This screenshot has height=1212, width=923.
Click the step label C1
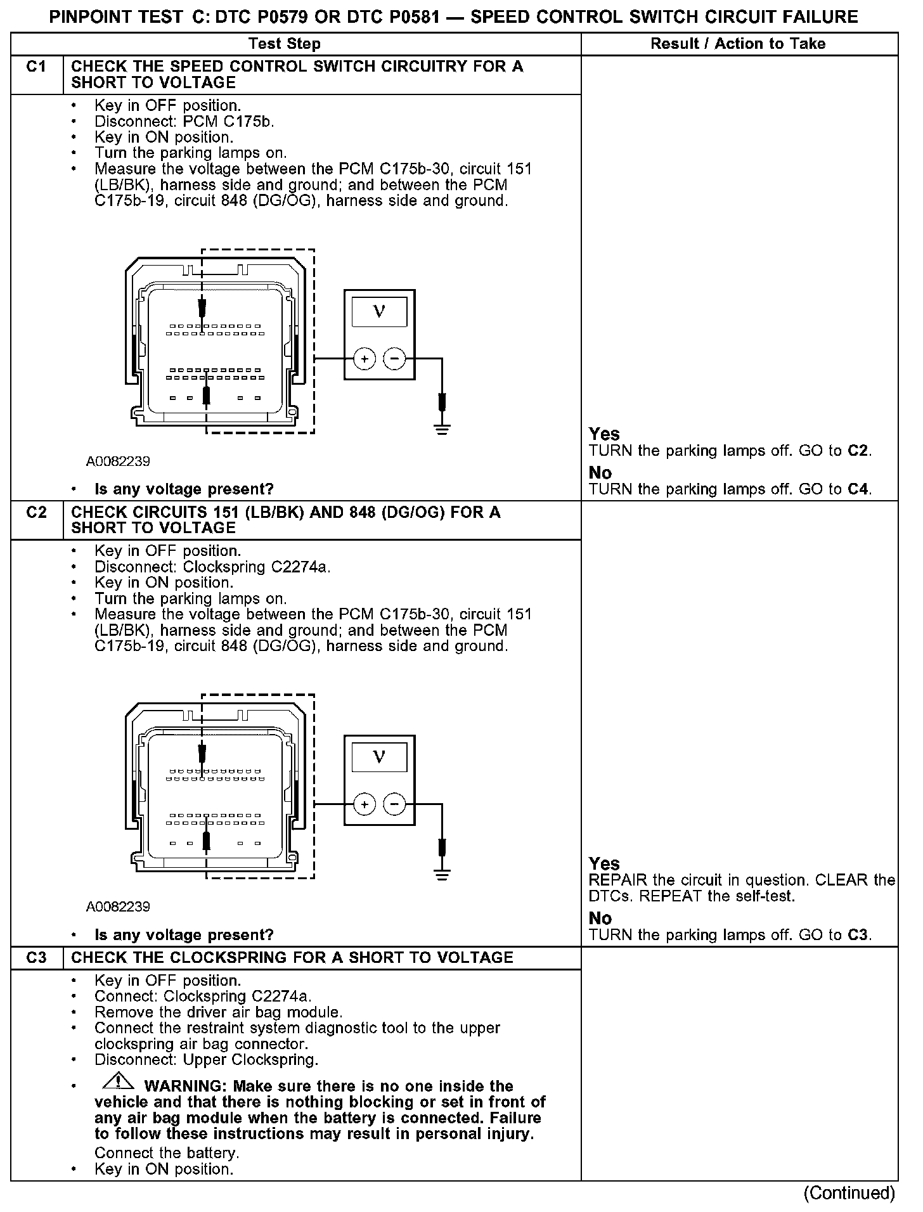tap(36, 67)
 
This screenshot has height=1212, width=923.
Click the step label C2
tap(36, 512)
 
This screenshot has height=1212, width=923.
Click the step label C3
tap(36, 957)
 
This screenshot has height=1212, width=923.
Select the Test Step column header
tap(285, 44)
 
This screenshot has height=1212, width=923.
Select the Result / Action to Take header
tap(738, 44)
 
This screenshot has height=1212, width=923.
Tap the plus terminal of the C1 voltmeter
tap(365, 359)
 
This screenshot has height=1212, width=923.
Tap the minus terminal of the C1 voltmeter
tap(394, 359)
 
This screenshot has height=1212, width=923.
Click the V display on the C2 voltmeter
tap(379, 756)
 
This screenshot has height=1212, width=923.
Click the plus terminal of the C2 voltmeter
tap(365, 804)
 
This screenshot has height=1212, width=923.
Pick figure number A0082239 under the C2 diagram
tap(118, 907)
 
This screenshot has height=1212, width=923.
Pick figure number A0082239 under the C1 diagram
tap(118, 461)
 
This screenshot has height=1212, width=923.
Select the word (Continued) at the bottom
tap(849, 1193)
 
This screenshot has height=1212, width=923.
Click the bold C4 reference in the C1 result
tap(859, 489)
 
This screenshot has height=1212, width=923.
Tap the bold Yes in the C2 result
tap(604, 863)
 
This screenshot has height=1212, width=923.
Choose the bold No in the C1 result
tap(600, 473)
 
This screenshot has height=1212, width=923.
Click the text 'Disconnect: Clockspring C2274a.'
tap(212, 567)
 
